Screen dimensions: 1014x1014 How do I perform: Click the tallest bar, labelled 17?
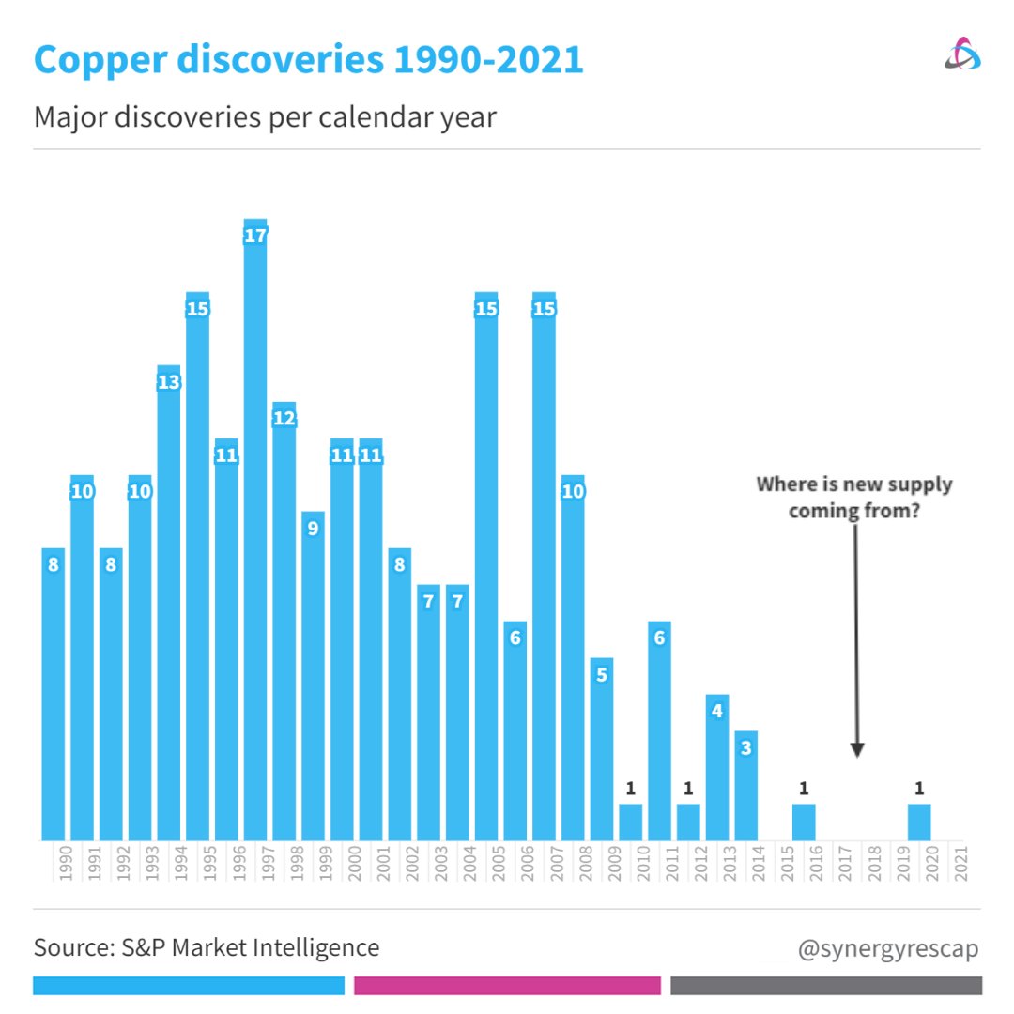255,535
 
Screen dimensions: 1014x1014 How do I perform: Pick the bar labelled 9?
313,676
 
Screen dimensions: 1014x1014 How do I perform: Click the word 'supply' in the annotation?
919,485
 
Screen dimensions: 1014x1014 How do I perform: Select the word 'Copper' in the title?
103,59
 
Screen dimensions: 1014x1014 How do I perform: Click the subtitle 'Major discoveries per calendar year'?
265,118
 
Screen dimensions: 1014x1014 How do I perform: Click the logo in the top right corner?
962,54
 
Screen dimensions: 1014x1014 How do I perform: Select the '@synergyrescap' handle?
887,948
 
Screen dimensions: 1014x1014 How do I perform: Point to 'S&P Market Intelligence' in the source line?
251,948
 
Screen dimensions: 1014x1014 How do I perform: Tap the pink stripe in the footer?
507,986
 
